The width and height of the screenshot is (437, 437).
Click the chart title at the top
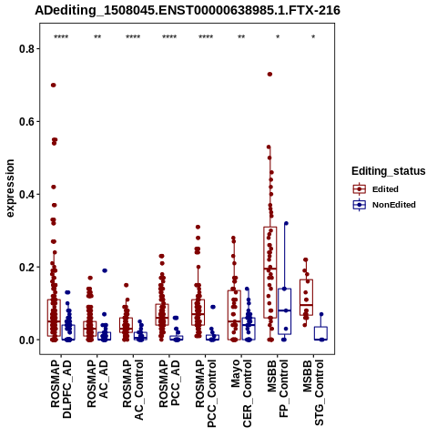(x=188, y=10)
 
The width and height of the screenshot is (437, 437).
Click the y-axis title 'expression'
(x=10, y=188)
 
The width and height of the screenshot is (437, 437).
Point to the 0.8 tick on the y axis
(x=27, y=48)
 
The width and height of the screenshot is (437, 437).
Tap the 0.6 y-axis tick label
(x=27, y=121)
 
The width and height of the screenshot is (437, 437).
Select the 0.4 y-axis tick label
(x=27, y=194)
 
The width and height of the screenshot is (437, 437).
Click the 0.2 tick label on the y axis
(x=27, y=267)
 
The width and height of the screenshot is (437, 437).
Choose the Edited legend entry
(x=376, y=189)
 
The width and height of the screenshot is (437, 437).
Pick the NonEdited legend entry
(x=384, y=205)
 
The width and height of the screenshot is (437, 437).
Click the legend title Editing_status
(x=389, y=171)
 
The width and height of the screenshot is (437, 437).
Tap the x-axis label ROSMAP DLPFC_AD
(x=61, y=389)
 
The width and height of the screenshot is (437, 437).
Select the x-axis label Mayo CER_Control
(x=241, y=393)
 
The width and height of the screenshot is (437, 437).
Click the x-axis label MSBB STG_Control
(x=313, y=392)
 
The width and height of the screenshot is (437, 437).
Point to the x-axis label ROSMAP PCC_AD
(x=169, y=383)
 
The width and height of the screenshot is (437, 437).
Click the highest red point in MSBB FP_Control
(x=269, y=74)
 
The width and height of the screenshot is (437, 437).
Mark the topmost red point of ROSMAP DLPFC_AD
(x=54, y=85)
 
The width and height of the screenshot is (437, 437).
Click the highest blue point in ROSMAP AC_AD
(x=105, y=270)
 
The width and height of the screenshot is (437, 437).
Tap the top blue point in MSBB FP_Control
(x=286, y=223)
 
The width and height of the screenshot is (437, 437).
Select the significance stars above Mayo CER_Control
(x=241, y=37)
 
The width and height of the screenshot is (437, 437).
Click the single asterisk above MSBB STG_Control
(x=313, y=37)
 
